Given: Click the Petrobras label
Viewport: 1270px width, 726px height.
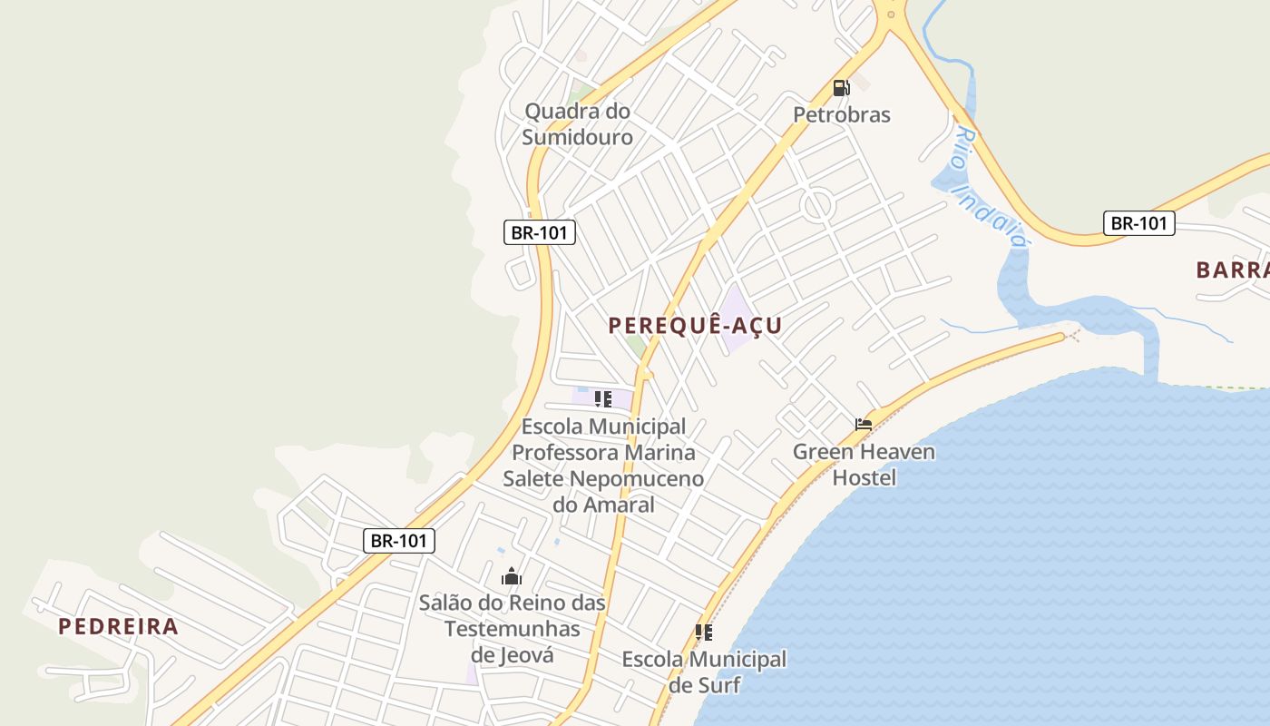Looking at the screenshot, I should coord(841,114).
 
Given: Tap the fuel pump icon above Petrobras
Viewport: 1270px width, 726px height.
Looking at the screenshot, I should coord(841,88).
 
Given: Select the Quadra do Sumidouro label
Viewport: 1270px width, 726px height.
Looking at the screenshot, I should coord(577,124).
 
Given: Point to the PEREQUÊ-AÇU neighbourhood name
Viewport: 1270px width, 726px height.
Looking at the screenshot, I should coord(695,326).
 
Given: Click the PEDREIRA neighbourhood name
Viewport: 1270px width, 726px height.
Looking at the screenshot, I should coord(118,626).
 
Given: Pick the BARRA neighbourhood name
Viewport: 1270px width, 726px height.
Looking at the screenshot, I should coord(1232,270).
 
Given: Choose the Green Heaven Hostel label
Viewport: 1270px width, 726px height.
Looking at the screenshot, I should coord(864,464).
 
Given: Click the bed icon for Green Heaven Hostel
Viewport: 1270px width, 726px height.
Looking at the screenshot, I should coord(864,424).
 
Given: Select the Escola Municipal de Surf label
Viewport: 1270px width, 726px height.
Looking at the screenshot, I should coord(704,672).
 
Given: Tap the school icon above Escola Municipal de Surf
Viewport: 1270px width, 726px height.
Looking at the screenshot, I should coord(704,633).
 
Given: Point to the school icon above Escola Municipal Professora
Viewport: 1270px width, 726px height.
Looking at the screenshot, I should coord(603,399).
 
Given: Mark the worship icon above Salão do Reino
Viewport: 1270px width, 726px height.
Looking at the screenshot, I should coord(512,576).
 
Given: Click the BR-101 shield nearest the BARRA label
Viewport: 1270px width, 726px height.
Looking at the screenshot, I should coord(1138,223).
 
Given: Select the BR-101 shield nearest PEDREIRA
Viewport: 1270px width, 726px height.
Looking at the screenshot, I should coord(399,541).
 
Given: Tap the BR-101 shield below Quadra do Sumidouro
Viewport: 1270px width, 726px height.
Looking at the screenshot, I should coord(540,232).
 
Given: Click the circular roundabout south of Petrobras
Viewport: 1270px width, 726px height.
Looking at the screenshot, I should coord(818,205).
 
